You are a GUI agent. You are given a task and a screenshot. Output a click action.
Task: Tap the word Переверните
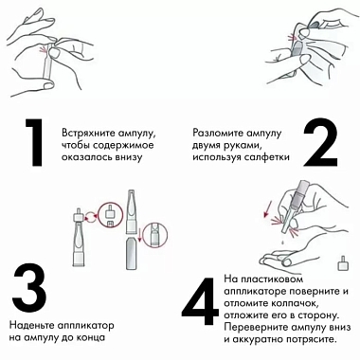pos(259,329)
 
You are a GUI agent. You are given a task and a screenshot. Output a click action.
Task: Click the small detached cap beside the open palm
pos(340,261)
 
